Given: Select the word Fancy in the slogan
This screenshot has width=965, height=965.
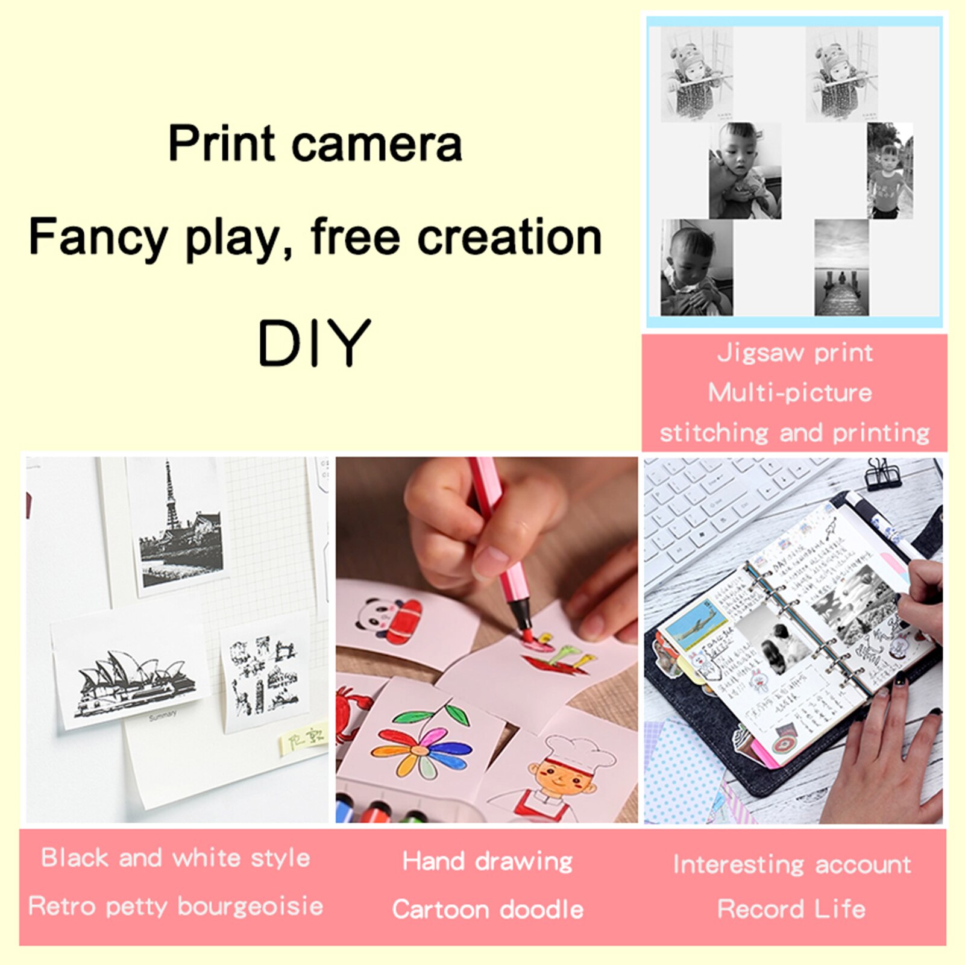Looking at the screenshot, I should pyautogui.click(x=98, y=237).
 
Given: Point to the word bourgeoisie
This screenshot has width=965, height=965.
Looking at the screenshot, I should pyautogui.click(x=250, y=906).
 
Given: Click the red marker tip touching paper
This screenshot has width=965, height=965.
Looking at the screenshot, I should pyautogui.click(x=527, y=636).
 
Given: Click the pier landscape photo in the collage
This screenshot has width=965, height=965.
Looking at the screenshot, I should pyautogui.click(x=841, y=268).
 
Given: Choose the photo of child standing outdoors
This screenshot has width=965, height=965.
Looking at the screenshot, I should pyautogui.click(x=890, y=171).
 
